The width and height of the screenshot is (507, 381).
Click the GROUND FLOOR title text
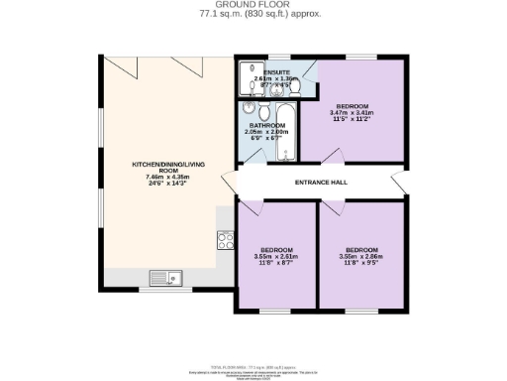pos(253,4)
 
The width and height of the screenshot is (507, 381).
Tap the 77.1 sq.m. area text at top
pos(253,13)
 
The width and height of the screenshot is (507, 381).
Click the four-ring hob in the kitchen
pos(225,239)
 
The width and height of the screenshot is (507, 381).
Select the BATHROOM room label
pos(266,126)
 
